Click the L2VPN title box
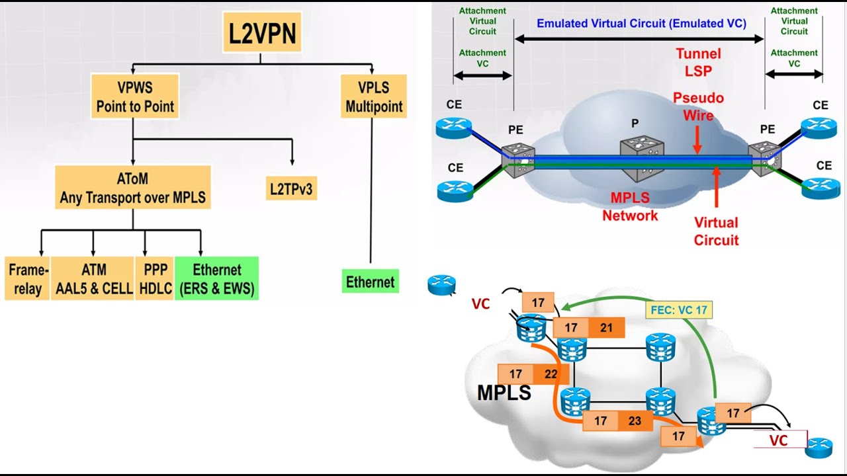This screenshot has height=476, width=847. (x=262, y=32)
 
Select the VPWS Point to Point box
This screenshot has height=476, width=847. (x=135, y=97)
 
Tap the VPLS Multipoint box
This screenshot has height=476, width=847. (x=374, y=97)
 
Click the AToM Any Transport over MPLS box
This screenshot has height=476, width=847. (x=133, y=188)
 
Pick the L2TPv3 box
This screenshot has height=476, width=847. (x=291, y=189)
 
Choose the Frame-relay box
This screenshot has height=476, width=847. (x=27, y=279)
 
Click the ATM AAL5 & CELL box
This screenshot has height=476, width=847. (x=93, y=279)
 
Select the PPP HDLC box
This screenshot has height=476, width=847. (x=154, y=279)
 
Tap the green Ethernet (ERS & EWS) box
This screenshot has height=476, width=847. (x=216, y=279)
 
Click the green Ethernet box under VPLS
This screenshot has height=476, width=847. (x=370, y=282)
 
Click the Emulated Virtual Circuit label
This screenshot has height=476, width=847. (x=641, y=24)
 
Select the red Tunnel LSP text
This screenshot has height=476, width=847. (x=698, y=62)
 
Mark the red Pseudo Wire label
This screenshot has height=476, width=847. (x=698, y=106)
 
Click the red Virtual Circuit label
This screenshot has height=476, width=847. (x=715, y=231)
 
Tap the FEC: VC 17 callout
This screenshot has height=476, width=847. (x=680, y=309)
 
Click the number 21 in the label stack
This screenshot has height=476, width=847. (x=606, y=327)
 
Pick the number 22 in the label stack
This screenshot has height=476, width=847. (x=551, y=374)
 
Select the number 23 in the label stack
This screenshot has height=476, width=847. (x=634, y=420)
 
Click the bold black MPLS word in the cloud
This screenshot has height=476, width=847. (x=504, y=393)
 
